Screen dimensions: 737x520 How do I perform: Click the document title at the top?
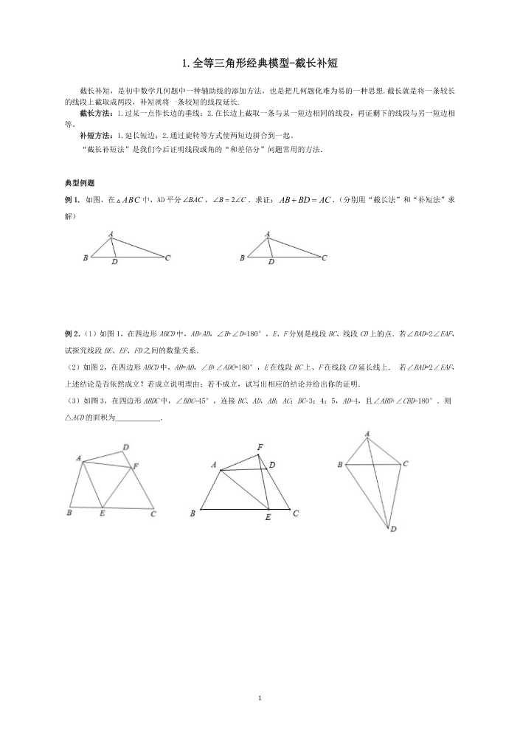260,64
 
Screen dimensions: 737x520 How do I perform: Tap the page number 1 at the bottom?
260,697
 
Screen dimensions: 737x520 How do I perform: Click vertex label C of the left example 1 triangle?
168,257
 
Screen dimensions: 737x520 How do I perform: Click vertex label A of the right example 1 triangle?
267,234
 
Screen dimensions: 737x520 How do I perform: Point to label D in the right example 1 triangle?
271,262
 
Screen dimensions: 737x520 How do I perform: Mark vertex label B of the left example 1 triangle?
86,258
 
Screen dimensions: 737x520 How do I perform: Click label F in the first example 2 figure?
135,466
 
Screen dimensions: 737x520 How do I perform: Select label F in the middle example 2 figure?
260,447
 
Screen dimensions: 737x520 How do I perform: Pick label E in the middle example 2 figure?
268,518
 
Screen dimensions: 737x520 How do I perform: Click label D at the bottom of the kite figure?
393,529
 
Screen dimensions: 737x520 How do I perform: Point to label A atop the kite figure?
367,434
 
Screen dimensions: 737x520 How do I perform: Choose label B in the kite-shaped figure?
339,465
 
